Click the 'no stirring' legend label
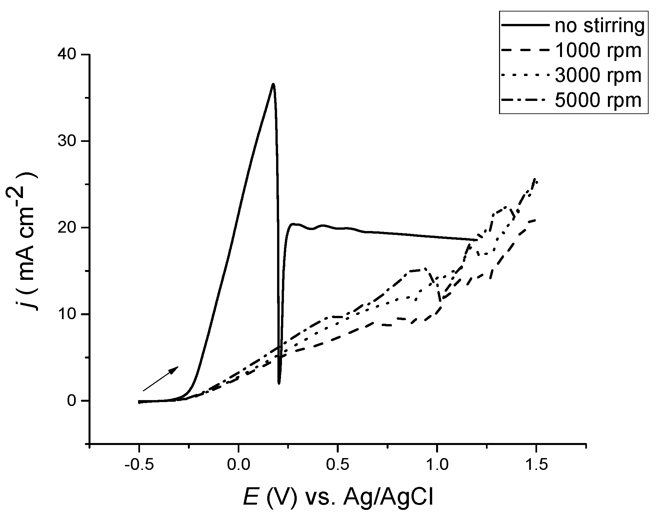click(599, 26)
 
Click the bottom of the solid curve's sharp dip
click(279, 383)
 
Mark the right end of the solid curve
click(476, 240)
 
